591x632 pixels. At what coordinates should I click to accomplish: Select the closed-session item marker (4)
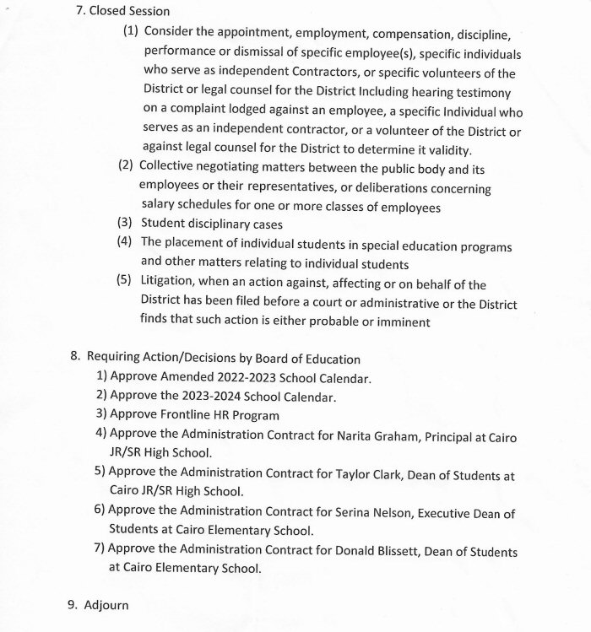click(x=126, y=243)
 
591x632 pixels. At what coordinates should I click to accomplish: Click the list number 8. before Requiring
click(x=75, y=358)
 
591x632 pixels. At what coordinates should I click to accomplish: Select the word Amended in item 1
click(x=187, y=377)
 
